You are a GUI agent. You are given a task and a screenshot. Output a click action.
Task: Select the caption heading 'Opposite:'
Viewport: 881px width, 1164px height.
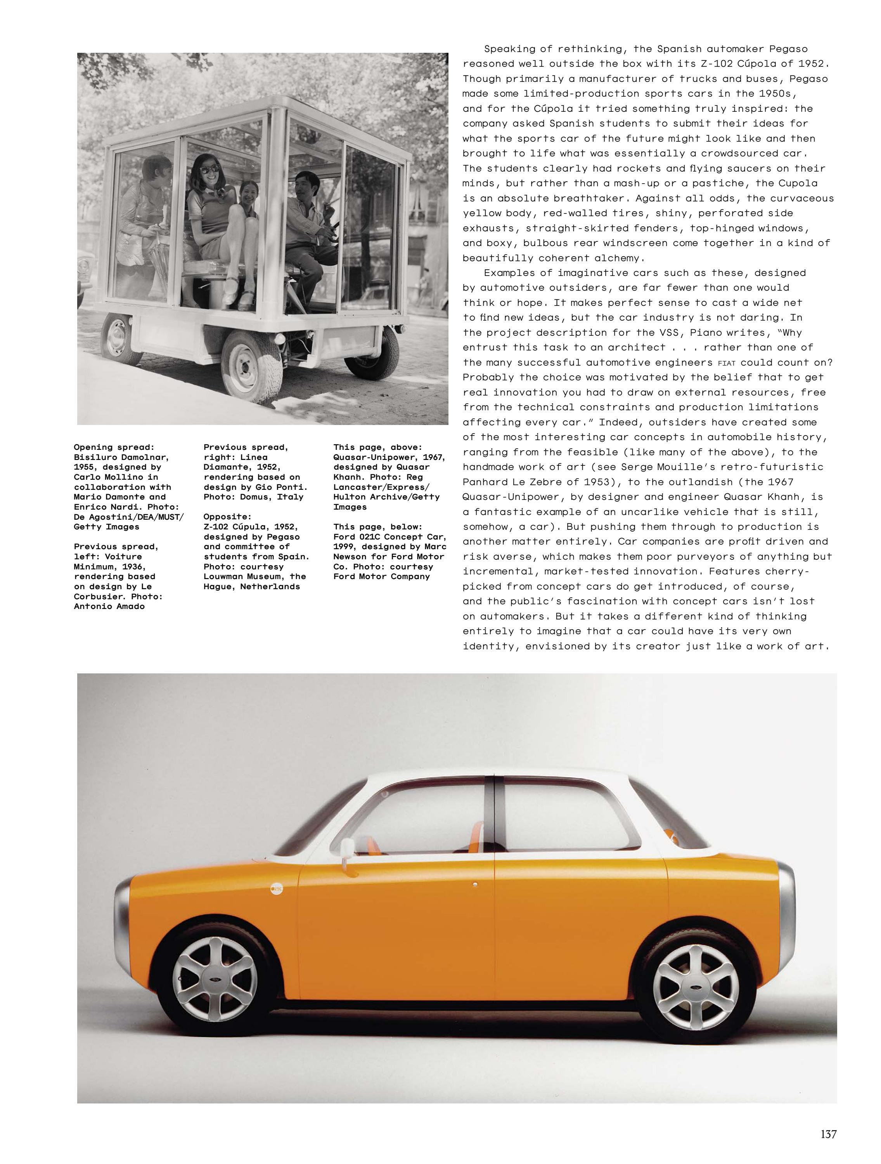click(227, 517)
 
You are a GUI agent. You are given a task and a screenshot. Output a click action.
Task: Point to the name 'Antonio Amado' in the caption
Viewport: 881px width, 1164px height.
click(109, 606)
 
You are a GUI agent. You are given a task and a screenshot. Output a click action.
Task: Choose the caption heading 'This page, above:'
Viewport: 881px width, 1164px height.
click(377, 447)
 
